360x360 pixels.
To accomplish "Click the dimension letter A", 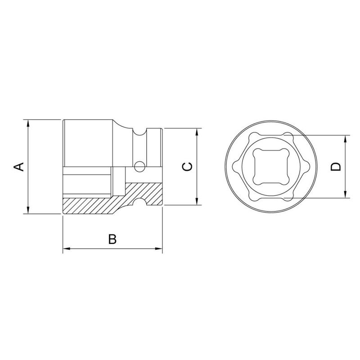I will [18, 166].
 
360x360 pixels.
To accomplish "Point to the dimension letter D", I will [335, 166].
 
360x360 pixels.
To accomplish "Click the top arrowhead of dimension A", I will [28, 123].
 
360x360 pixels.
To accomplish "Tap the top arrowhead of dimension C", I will [197, 131].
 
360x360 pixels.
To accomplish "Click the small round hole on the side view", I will [139, 167].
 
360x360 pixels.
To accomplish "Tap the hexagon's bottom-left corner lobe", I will [252, 197].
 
